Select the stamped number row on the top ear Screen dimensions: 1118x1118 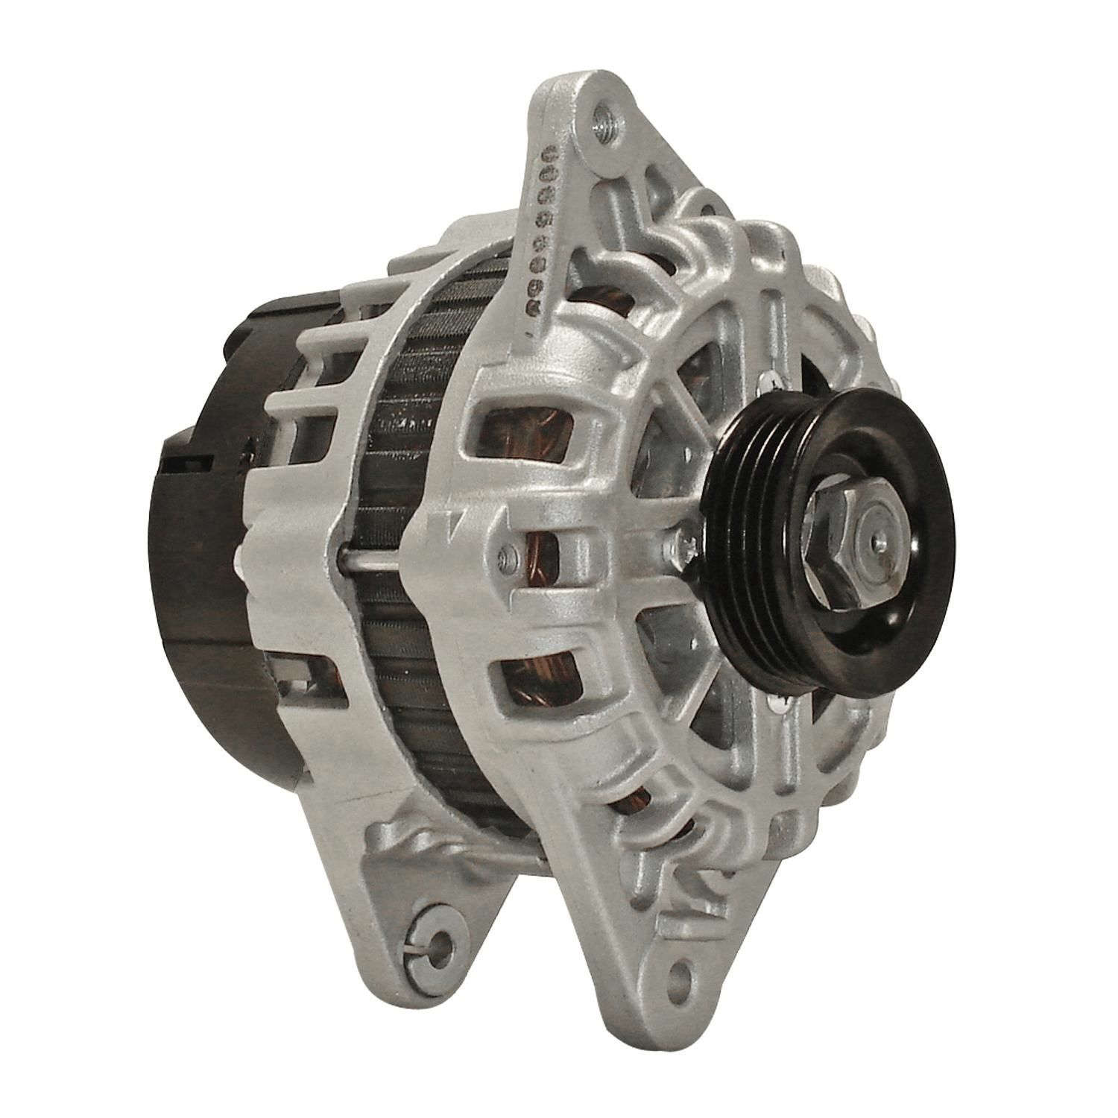(x=543, y=224)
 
